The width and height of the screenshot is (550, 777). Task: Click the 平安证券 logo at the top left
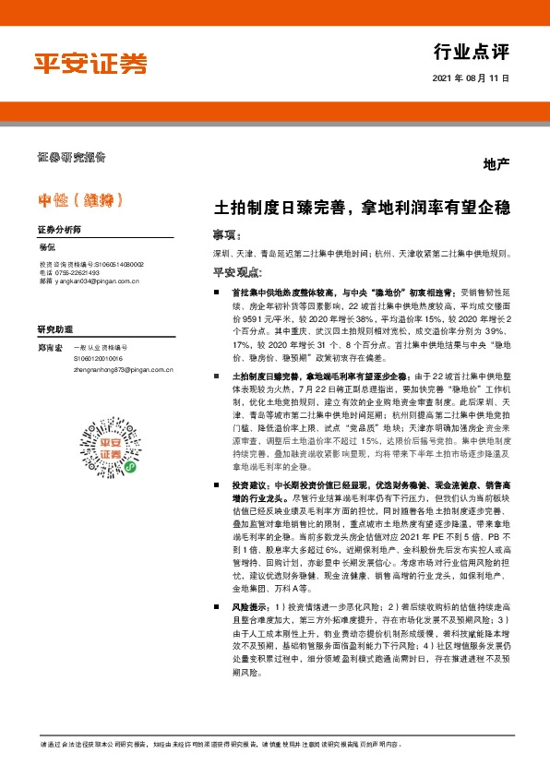90,63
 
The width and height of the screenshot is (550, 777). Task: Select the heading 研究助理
54,329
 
